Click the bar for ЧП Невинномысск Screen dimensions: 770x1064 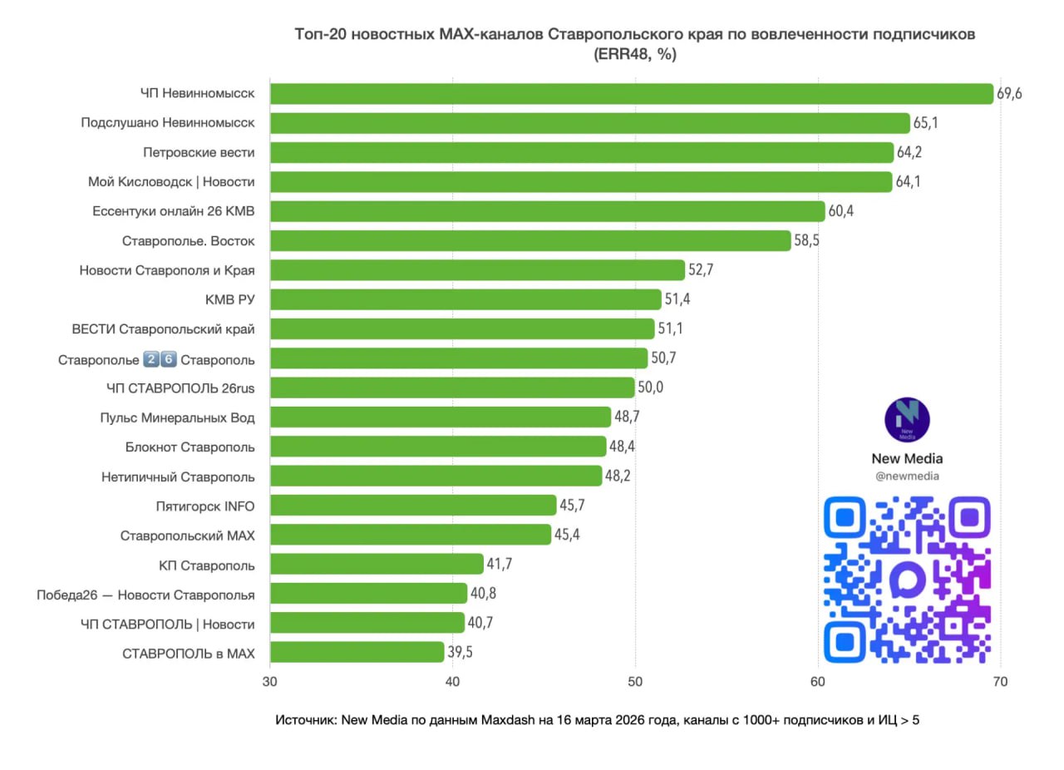(632, 93)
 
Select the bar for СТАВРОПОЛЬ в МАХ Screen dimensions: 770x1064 (357, 652)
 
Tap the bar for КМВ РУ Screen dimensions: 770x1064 (465, 299)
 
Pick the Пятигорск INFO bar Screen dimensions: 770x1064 (413, 506)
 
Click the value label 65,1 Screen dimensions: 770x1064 (926, 123)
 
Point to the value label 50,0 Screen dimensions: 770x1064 (651, 387)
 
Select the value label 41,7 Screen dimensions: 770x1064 (500, 565)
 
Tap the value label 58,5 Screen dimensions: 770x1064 (806, 241)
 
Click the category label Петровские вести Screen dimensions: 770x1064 (199, 153)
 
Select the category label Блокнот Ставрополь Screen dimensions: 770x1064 (190, 447)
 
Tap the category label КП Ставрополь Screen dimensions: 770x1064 (207, 565)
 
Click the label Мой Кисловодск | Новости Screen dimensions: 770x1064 (171, 182)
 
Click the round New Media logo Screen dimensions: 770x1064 (907, 420)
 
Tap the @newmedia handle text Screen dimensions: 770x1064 (907, 476)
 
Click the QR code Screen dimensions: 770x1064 (907, 580)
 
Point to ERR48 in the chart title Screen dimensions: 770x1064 (618, 56)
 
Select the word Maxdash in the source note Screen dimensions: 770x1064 (514, 720)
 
